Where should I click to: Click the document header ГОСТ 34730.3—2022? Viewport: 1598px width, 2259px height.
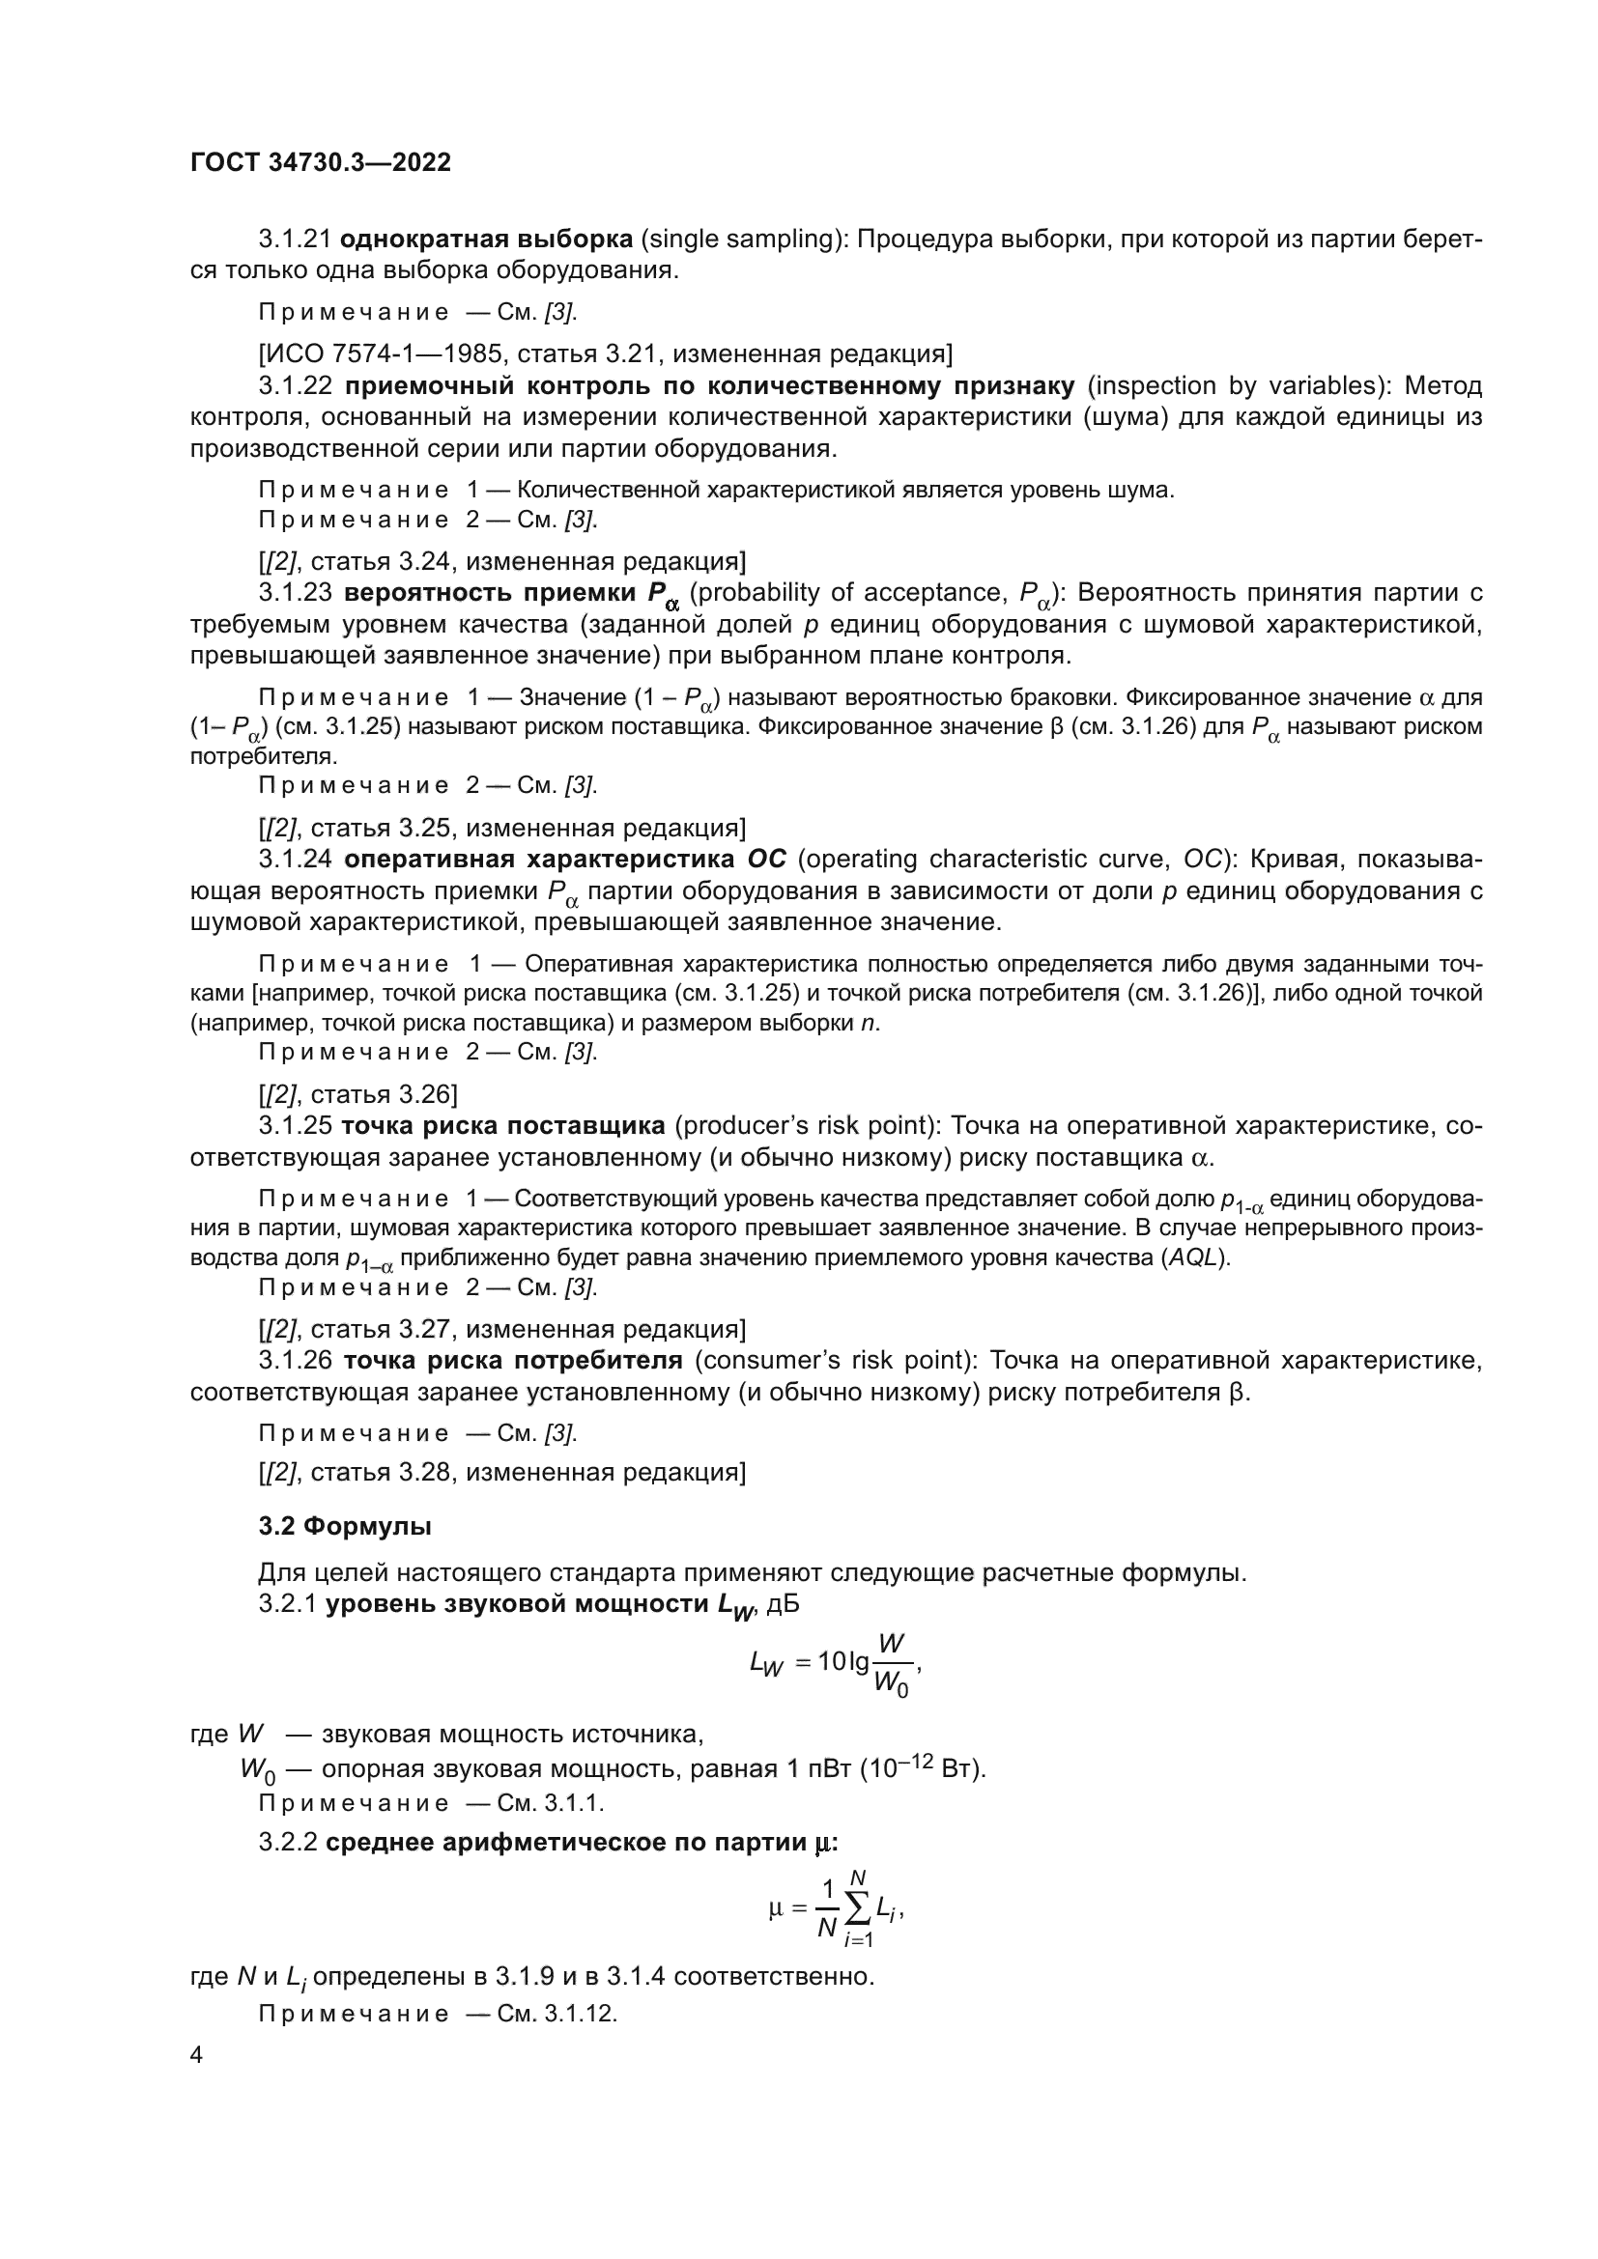320,162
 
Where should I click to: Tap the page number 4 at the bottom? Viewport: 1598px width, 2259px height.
196,2054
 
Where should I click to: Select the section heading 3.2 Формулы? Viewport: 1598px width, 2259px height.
344,1526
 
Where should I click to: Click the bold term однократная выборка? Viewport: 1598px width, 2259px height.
485,240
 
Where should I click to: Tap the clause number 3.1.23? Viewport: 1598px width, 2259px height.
297,592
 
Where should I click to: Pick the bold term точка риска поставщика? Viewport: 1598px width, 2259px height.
503,1125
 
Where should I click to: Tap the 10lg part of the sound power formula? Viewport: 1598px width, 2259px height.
843,1662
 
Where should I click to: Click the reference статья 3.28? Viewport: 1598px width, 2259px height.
377,1472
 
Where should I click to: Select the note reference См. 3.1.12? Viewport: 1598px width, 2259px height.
556,2013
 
